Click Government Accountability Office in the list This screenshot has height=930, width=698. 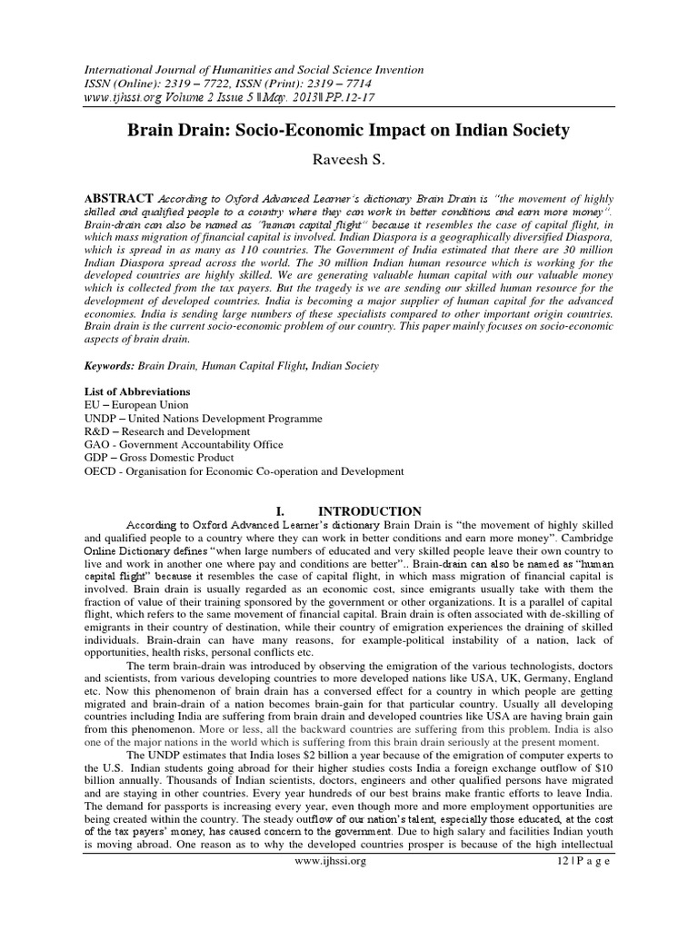(x=204, y=445)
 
